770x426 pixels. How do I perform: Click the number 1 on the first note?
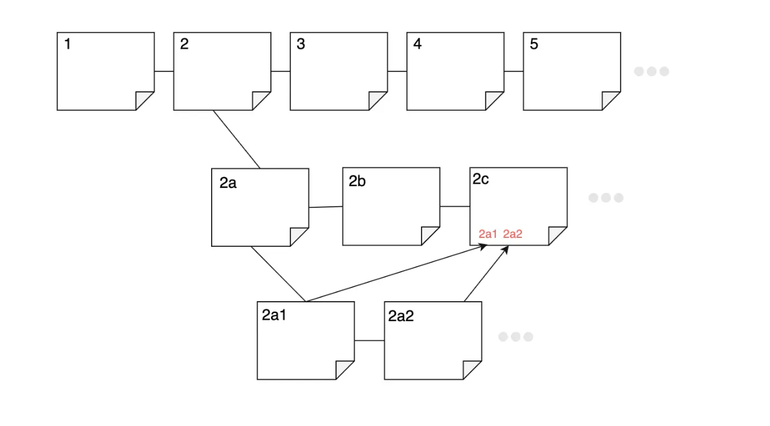(67, 44)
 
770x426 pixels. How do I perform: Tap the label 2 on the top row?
(184, 44)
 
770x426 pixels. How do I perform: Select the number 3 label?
(301, 44)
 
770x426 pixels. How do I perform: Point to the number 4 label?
(417, 44)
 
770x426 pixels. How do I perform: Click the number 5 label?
(534, 44)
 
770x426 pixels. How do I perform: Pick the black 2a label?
(228, 184)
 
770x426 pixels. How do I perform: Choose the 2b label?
(357, 182)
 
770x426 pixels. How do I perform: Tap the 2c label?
(480, 180)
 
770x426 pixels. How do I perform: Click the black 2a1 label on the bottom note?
(274, 315)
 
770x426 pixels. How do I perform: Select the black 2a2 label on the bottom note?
(401, 316)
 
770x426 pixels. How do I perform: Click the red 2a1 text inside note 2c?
(488, 234)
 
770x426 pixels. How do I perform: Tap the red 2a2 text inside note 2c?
(513, 234)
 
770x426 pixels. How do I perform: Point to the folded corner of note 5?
(611, 101)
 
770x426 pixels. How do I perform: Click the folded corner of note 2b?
(430, 236)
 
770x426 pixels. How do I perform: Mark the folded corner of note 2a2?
(472, 370)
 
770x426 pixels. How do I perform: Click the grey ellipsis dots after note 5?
(651, 71)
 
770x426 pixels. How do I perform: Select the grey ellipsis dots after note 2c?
(606, 198)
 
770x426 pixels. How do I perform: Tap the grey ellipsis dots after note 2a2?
(515, 337)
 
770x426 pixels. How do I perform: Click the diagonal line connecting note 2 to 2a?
(237, 139)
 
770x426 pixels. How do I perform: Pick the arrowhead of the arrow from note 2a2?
(506, 249)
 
